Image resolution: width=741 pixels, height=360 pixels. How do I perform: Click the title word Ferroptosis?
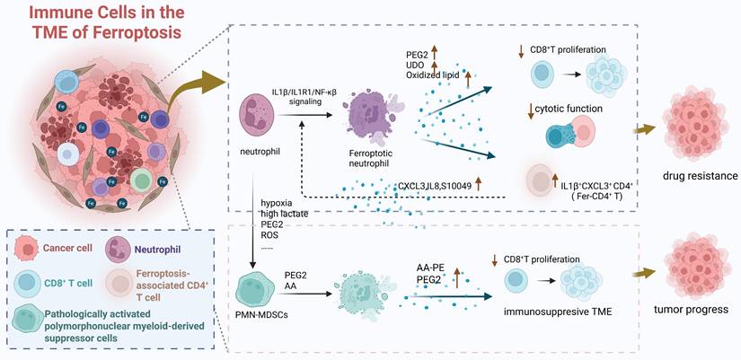159,32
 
